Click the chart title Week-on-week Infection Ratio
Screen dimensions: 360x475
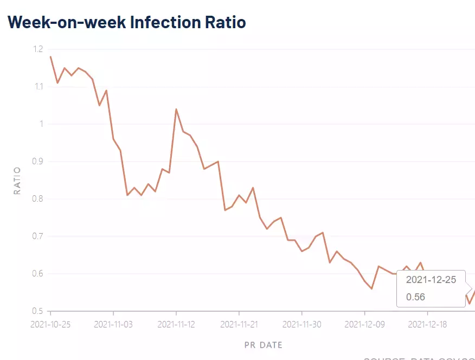click(127, 22)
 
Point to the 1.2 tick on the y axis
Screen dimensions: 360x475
click(37, 49)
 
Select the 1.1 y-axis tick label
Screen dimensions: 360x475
click(37, 87)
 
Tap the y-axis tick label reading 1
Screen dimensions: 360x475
click(40, 124)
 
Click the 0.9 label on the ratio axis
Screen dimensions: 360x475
click(37, 162)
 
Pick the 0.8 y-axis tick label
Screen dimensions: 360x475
click(37, 199)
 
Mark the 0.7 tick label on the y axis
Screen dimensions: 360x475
click(37, 236)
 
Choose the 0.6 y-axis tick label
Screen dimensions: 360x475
click(37, 274)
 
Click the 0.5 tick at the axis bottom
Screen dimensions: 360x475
click(37, 311)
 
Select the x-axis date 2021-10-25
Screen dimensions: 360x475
click(50, 325)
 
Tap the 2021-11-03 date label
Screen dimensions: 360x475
click(113, 325)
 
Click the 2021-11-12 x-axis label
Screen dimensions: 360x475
click(176, 325)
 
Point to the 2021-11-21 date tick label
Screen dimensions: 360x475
click(239, 325)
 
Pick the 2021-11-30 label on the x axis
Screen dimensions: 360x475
click(302, 325)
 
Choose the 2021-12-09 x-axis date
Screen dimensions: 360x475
click(364, 325)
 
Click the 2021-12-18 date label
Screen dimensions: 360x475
click(427, 325)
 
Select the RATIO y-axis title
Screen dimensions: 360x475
click(17, 181)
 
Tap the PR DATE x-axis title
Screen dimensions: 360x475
click(263, 345)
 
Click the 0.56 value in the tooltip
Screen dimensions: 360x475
click(415, 297)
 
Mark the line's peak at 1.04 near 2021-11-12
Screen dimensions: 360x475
click(176, 109)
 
